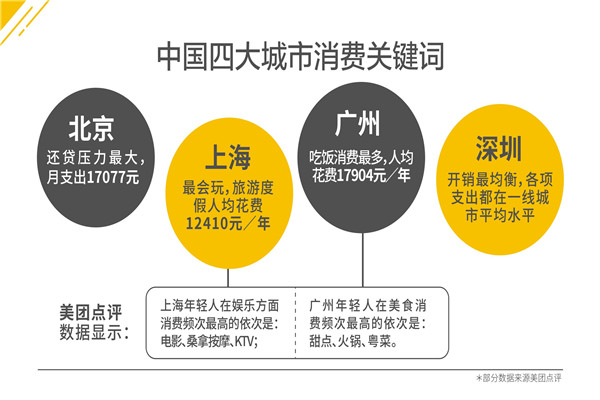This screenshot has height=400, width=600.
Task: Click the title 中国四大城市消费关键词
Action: tap(300, 56)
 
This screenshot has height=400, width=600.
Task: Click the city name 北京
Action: tap(91, 128)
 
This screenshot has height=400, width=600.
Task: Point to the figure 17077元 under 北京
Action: tap(107, 177)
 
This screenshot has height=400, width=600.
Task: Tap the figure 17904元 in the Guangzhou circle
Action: tap(359, 176)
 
